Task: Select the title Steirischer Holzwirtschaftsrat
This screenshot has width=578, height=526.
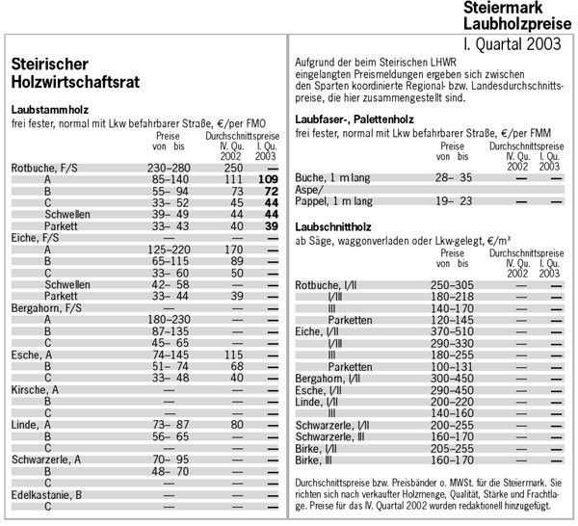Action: (72, 74)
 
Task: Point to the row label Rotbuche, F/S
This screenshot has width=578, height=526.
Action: (45, 168)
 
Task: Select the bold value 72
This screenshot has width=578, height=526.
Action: (270, 191)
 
